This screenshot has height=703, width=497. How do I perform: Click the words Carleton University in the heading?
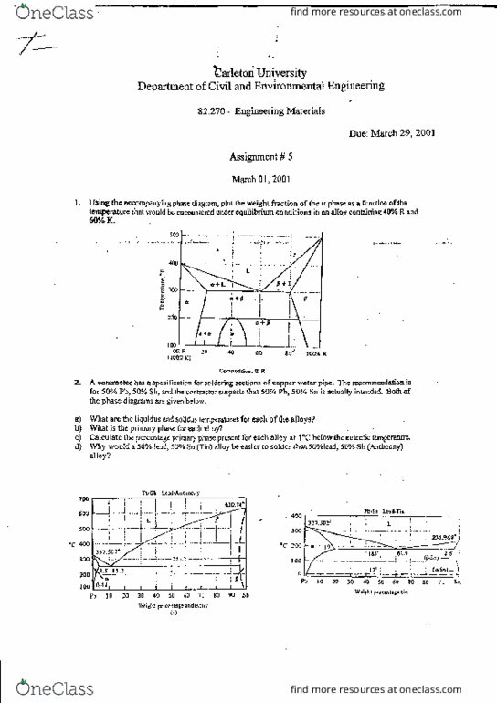click(x=260, y=72)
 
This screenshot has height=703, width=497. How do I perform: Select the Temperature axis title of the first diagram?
click(x=160, y=290)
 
